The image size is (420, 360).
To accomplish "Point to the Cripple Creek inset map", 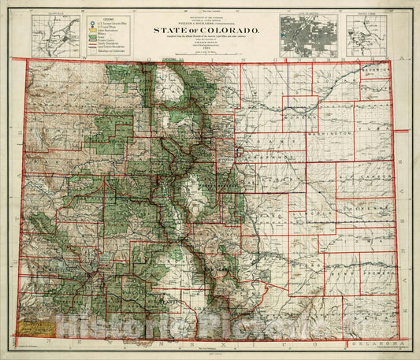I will (x=364, y=32).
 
